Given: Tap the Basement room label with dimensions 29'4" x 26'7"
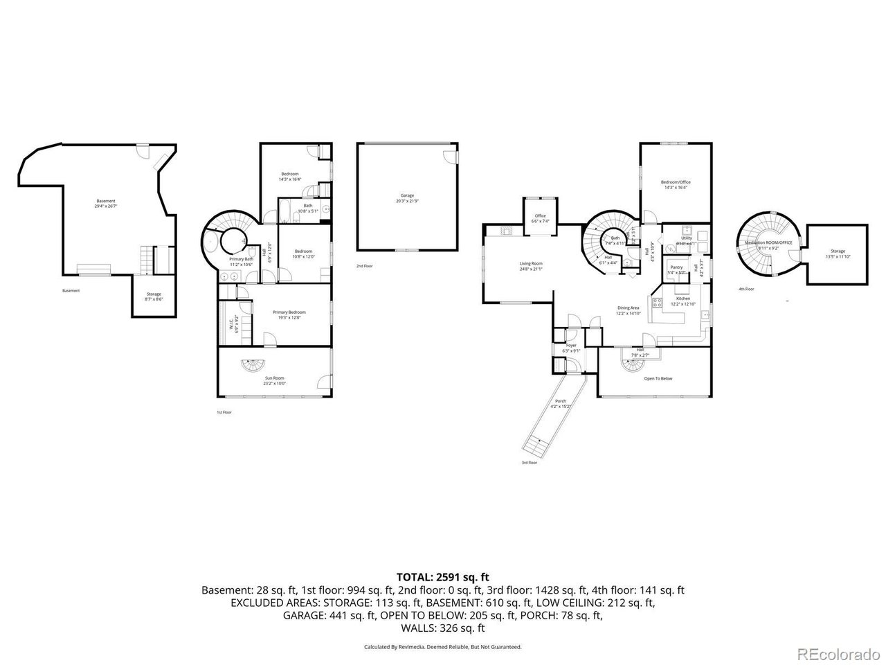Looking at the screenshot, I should tap(106, 202).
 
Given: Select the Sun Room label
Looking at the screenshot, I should tap(274, 378).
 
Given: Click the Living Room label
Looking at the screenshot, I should tap(531, 264).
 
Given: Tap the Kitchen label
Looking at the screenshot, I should tap(683, 298).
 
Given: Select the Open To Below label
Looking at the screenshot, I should tap(658, 378).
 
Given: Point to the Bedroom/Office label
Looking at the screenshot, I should tap(676, 182).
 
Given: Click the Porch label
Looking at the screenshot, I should tap(561, 401).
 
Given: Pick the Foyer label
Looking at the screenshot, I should tap(571, 345).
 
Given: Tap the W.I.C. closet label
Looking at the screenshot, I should tap(233, 322).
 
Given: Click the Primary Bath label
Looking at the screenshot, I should tap(240, 259).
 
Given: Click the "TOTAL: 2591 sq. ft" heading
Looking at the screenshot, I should tap(443, 576).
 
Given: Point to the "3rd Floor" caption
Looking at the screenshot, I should tap(529, 463).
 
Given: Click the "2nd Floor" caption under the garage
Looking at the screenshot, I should tap(364, 266).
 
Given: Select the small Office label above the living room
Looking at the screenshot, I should tap(540, 215).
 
